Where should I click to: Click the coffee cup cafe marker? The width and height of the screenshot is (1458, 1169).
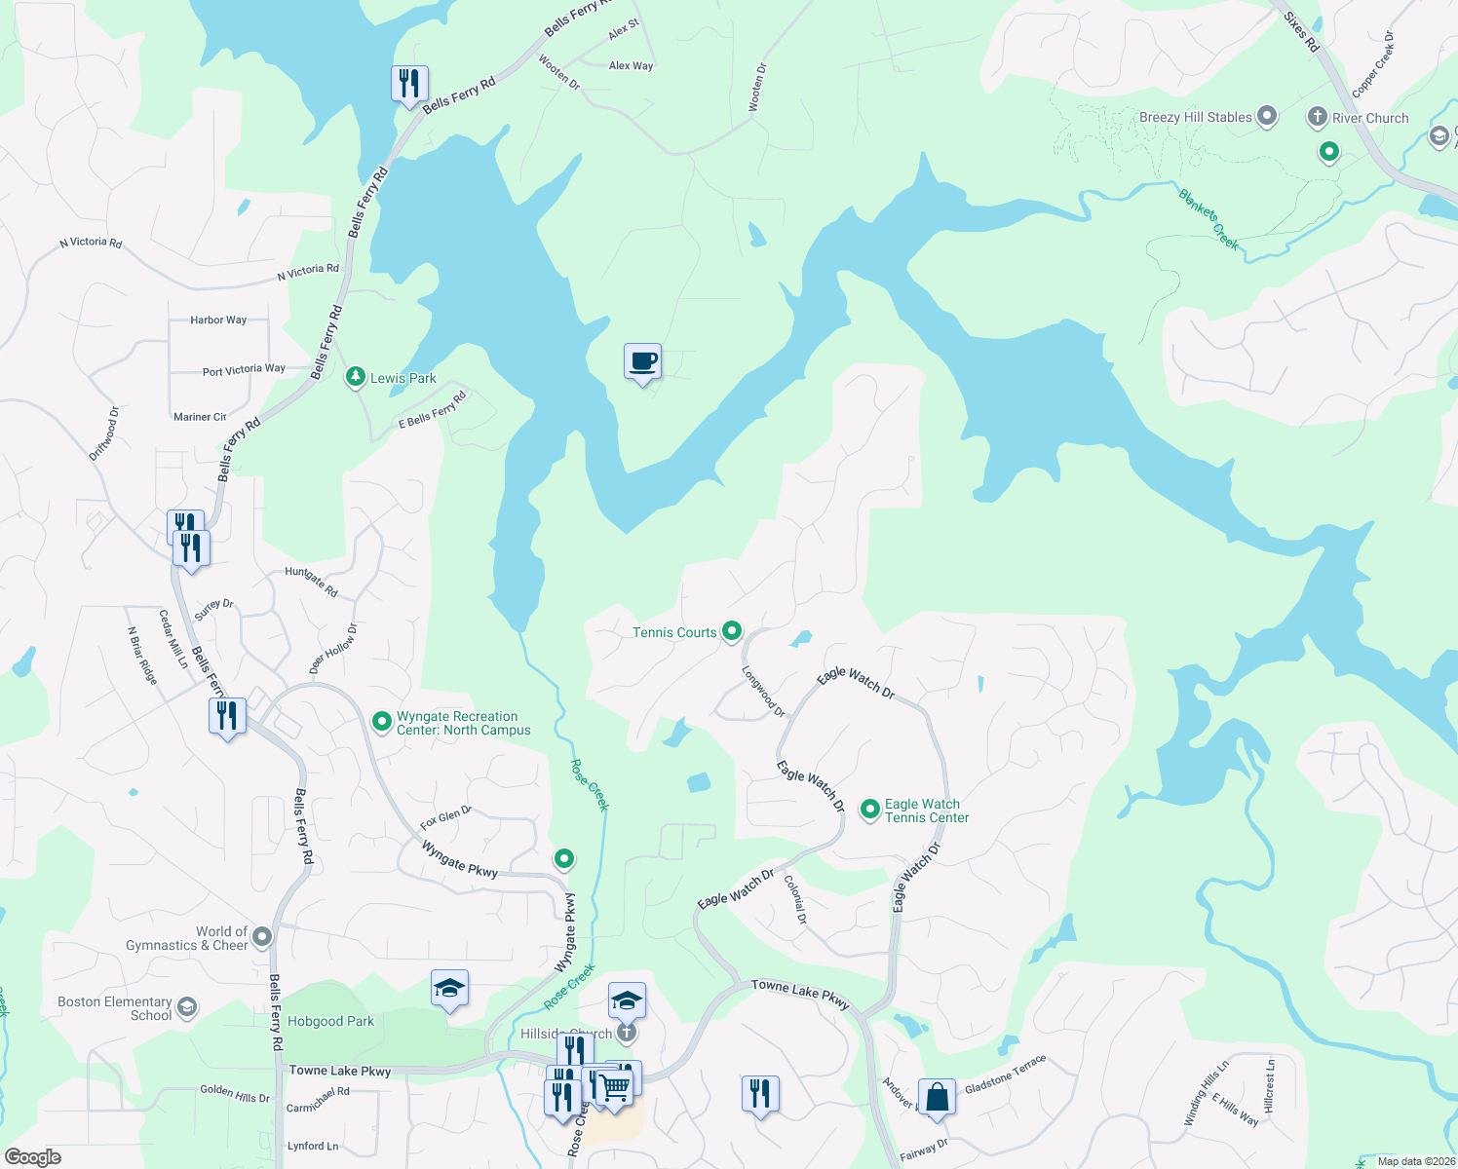642,362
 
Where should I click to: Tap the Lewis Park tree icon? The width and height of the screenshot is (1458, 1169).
356,377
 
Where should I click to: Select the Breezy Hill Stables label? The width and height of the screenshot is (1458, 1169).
1195,117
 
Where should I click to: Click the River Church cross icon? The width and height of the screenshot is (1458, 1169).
1317,118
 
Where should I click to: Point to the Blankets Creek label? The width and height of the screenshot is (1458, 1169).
1209,219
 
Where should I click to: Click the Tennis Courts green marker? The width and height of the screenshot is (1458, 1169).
731,631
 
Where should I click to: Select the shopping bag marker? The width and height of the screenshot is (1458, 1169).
937,1097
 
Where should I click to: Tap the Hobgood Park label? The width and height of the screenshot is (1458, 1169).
330,1021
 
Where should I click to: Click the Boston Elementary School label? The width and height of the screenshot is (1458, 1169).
114,1008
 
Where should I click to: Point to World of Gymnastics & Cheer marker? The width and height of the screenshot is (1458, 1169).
262,937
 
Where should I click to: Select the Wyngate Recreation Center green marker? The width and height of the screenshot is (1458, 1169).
382,722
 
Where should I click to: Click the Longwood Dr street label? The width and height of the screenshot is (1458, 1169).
763,692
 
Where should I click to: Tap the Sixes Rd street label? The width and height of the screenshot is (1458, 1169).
1301,32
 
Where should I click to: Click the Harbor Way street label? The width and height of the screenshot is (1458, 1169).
218,320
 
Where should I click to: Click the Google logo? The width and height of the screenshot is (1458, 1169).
33,1157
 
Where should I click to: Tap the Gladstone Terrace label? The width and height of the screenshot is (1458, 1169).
1005,1074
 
